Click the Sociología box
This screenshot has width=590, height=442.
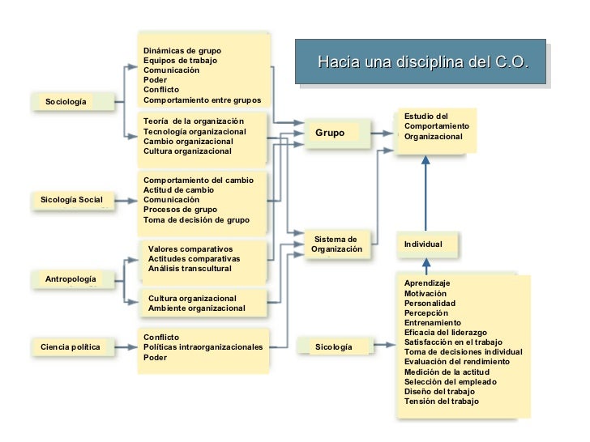pos(73,101)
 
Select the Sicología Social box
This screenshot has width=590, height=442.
pos(73,200)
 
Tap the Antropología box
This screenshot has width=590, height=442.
pos(73,279)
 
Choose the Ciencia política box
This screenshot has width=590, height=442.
pos(73,347)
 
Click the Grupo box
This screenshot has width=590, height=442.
pos(337,133)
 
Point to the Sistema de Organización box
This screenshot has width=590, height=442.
pos(337,244)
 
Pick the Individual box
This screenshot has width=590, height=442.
pos(427,244)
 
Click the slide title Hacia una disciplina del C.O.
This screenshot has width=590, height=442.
pos(424,62)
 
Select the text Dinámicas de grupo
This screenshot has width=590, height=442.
pos(182,51)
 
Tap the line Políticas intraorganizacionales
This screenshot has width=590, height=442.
pos(203,347)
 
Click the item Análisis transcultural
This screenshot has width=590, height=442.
pos(190,269)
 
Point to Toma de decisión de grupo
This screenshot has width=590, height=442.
pos(196,220)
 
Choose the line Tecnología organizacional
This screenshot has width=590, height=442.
pos(195,131)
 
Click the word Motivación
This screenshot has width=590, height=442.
pos(425,294)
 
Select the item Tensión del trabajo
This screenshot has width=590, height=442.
pos(442,401)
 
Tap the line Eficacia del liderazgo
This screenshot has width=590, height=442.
pos(446,333)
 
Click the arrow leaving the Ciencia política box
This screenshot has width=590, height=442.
pos(126,347)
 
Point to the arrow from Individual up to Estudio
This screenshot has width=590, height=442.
pos(426,193)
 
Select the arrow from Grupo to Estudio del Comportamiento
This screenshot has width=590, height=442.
pos(382,133)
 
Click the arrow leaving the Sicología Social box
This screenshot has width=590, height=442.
pos(126,201)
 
